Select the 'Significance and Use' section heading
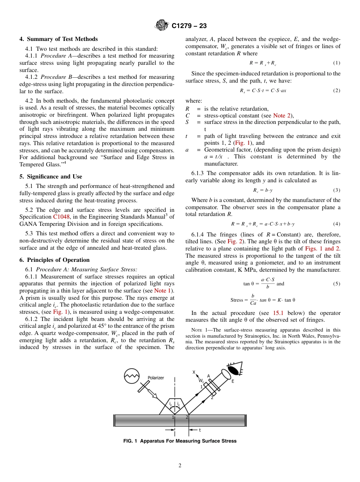(50, 177)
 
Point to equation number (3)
(337, 190)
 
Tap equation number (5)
(337, 284)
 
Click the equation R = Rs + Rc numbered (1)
(263, 63)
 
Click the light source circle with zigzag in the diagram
(132, 376)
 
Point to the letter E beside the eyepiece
(233, 381)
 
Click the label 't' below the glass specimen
(200, 430)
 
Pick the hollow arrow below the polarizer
(153, 394)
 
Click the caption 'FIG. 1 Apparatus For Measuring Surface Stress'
(180, 441)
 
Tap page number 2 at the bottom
(180, 466)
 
